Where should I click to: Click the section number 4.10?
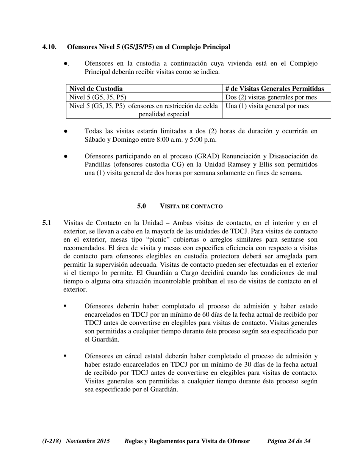[49, 47]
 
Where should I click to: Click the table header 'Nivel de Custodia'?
[96, 89]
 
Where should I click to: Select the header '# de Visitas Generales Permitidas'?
[275, 89]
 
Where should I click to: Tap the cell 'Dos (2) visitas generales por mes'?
[271, 97]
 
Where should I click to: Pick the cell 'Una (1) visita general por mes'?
[267, 106]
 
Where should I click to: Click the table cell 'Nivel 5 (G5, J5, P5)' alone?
[98, 97]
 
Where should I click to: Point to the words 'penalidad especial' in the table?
[164, 114]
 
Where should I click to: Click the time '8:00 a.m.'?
[169, 139]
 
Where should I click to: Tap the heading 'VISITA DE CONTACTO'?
[191, 206]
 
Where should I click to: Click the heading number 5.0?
[141, 206]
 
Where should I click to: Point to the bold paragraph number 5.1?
[47, 223]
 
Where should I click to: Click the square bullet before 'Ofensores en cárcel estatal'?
[65, 356]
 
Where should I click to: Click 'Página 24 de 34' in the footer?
[289, 441]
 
